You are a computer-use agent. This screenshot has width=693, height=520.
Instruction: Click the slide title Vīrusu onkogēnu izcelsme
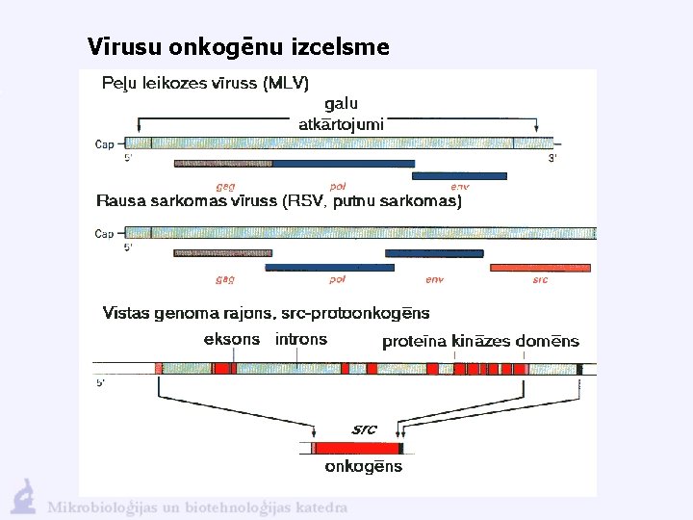pos(238,46)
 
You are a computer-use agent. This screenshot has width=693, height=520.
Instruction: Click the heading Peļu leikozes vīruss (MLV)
pos(206,83)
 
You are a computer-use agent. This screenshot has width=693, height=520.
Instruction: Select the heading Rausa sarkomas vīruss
pos(279,201)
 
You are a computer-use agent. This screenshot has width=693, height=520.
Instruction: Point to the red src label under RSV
pos(540,280)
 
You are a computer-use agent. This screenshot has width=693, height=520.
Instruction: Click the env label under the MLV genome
pos(459,186)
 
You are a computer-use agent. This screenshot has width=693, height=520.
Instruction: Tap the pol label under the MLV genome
pos(337,186)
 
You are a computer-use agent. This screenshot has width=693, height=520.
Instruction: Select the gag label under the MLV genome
pos(225,186)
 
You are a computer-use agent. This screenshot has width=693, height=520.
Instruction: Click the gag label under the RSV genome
pos(225,280)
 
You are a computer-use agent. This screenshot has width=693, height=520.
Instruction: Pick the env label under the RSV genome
pos(435,280)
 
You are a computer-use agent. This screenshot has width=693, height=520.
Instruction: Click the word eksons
pos(232,339)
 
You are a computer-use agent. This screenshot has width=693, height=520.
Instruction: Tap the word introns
pos(301,339)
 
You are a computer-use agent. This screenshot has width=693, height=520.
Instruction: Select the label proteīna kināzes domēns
pos(480,341)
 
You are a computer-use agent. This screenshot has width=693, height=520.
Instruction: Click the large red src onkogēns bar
pos(356,448)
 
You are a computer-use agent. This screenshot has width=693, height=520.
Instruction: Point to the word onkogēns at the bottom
pos(363,467)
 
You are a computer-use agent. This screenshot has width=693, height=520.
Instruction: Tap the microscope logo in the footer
pos(23,497)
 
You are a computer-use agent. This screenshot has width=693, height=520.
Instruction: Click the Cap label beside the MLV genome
pos(104,144)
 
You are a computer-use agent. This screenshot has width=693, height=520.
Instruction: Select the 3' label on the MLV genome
pos(552,157)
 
